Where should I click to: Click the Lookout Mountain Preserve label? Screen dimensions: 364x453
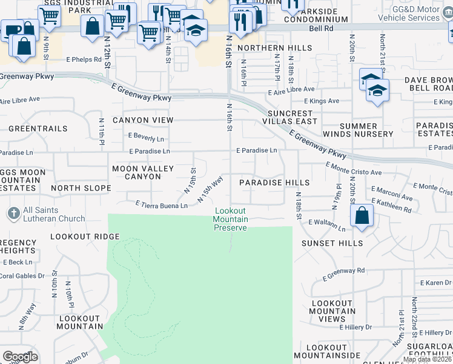coord(231,219)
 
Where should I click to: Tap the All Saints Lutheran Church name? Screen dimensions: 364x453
coord(55,215)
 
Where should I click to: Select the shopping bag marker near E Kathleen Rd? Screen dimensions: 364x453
coord(362,215)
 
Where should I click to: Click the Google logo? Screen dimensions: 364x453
coord(20,357)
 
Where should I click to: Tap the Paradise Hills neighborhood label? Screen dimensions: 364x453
coord(274,183)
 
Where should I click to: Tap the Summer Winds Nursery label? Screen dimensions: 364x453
coord(366,129)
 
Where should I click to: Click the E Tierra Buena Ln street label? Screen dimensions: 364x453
coord(162,204)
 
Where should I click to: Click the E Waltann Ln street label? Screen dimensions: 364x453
coord(326,225)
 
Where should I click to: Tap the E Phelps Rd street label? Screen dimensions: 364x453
coord(83,59)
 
